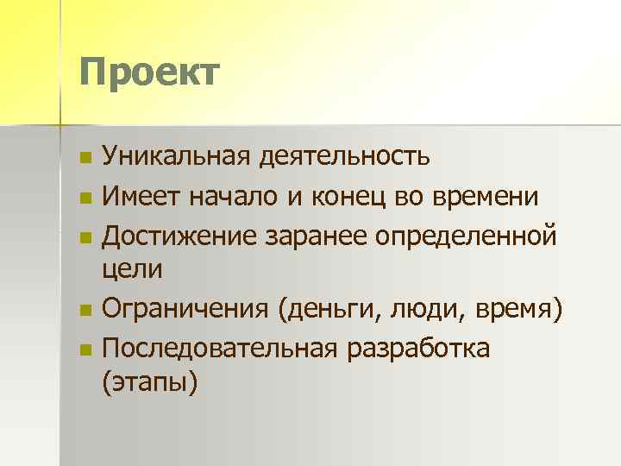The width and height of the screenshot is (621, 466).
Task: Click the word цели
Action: point(132,269)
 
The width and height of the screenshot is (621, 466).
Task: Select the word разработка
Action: point(417,347)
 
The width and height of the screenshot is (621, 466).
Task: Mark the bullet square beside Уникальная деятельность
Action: point(84,159)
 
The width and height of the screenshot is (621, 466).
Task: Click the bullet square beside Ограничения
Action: point(84,309)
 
